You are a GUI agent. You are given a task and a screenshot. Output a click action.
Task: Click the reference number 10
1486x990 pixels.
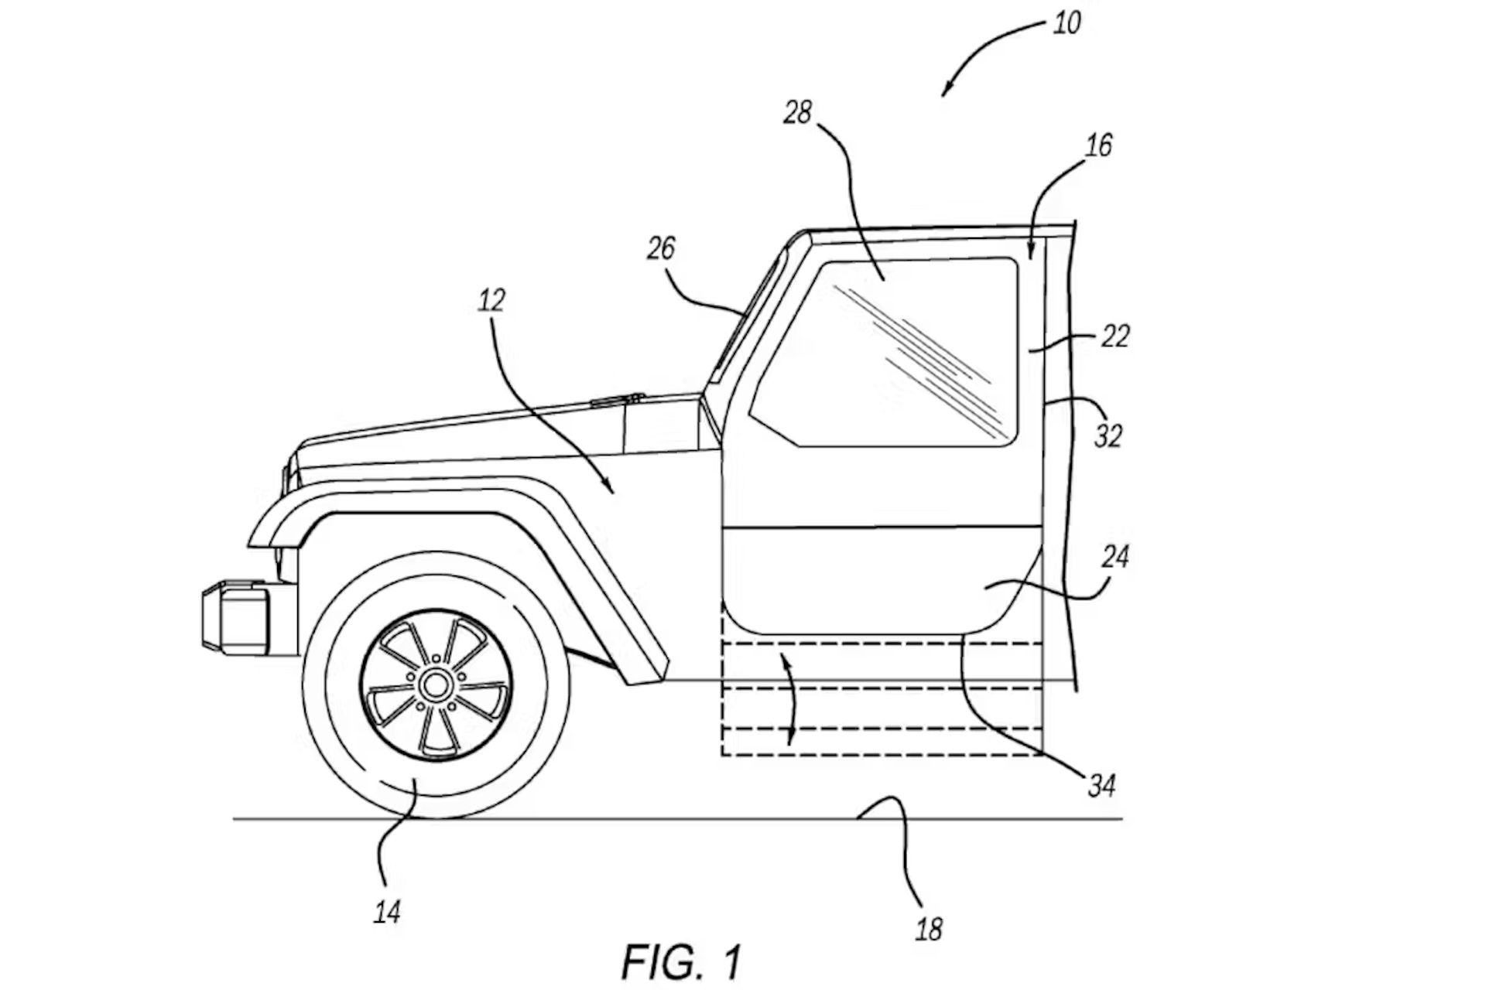pyautogui.click(x=1067, y=23)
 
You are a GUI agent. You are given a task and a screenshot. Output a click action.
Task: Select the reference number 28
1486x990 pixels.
pyautogui.click(x=797, y=113)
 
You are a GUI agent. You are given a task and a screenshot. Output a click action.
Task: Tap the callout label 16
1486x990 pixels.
pyautogui.click(x=1097, y=145)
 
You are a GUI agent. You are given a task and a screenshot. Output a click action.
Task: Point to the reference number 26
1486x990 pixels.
pyautogui.click(x=660, y=248)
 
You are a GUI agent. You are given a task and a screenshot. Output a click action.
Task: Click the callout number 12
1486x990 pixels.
pyautogui.click(x=491, y=300)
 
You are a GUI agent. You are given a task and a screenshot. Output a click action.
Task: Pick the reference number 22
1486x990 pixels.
pyautogui.click(x=1114, y=336)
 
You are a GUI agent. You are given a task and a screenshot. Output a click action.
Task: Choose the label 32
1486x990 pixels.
pyautogui.click(x=1108, y=436)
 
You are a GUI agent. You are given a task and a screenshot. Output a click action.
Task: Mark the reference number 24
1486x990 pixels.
pyautogui.click(x=1114, y=556)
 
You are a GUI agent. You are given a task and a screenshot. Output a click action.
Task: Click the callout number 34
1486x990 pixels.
pyautogui.click(x=1101, y=786)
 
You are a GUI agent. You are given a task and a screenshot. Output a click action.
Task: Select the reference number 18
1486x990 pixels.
pyautogui.click(x=929, y=929)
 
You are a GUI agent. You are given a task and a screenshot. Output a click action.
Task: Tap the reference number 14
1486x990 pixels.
pyautogui.click(x=387, y=913)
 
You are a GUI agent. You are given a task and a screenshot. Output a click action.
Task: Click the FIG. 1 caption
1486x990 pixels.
pyautogui.click(x=681, y=961)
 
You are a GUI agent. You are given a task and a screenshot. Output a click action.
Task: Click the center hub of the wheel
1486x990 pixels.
pyautogui.click(x=435, y=683)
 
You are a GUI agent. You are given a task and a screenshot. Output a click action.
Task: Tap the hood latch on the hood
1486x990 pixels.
pyautogui.click(x=617, y=400)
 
